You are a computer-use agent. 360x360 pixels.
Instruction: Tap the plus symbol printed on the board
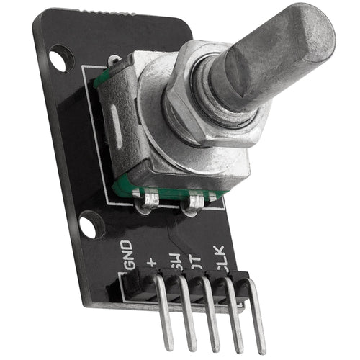tap(152, 261)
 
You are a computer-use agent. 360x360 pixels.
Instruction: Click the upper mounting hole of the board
tap(60, 58)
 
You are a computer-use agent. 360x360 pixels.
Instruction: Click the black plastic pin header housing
tap(180, 284)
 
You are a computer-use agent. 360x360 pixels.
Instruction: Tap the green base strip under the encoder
tap(173, 193)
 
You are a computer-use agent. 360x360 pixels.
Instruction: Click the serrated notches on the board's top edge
tap(108, 14)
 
